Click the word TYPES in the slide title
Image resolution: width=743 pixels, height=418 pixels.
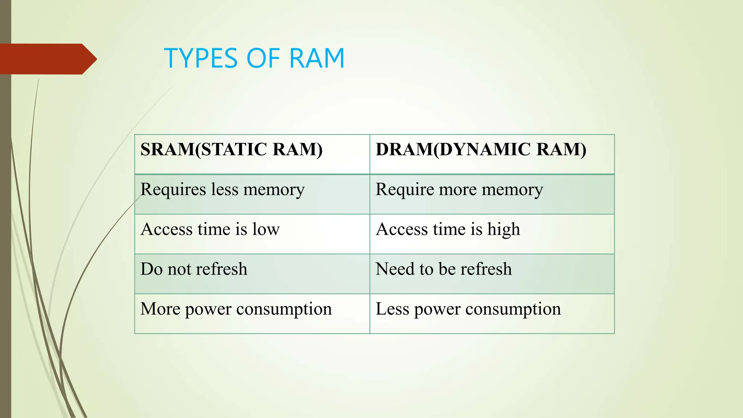coord(202,58)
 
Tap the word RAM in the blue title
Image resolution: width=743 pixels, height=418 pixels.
coord(316,58)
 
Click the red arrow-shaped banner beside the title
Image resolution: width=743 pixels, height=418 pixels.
coord(47,59)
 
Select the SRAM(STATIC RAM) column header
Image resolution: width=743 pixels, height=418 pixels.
coord(231,149)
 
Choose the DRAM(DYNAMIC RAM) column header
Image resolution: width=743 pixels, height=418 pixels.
coord(481,149)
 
